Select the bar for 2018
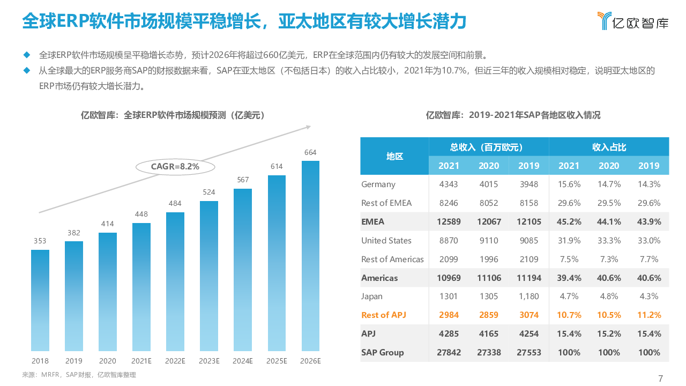point(40,300)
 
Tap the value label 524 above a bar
point(209,192)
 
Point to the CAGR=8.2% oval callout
point(175,167)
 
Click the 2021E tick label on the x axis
point(141,361)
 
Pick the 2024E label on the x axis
point(243,361)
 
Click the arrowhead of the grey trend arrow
point(308,127)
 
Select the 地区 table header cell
point(394,156)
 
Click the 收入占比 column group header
point(609,147)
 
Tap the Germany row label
point(378,184)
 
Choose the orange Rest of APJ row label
point(384,315)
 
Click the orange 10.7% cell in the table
point(569,315)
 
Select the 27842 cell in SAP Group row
point(449,353)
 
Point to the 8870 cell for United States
point(449,241)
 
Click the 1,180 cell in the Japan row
point(528,296)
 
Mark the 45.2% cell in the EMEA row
point(569,222)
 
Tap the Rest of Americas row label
point(392,259)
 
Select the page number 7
point(660,378)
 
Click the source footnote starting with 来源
point(79,375)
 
